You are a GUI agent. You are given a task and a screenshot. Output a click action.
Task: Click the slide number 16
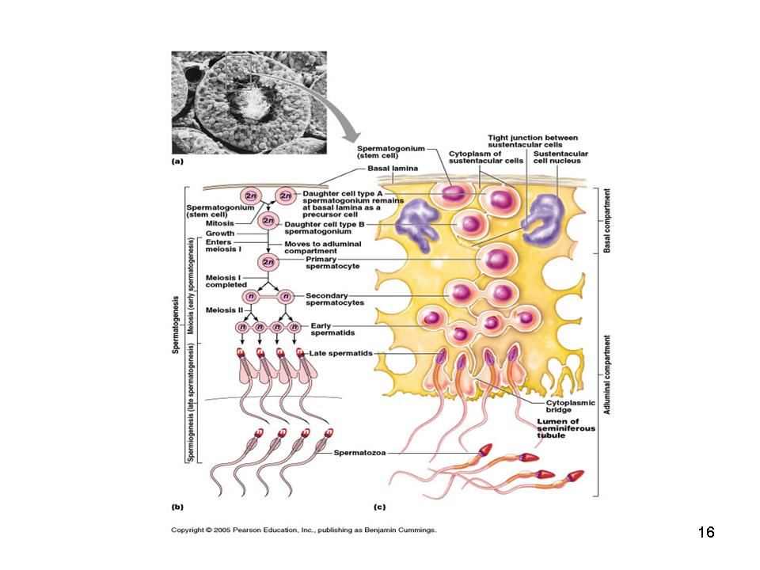[706, 532]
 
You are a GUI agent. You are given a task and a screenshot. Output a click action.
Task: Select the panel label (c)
[380, 504]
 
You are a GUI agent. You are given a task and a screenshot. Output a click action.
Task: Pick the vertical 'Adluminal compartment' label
[607, 372]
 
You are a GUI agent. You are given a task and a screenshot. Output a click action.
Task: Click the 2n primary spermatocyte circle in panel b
[269, 261]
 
